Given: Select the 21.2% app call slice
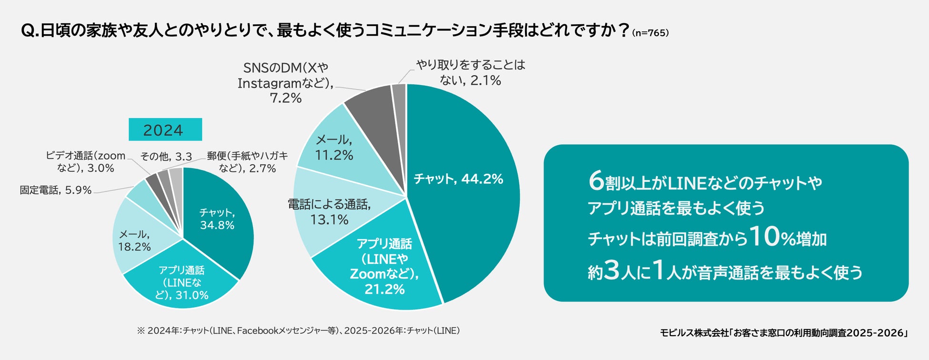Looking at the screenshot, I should (381, 267).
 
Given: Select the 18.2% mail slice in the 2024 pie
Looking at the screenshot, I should (136, 240).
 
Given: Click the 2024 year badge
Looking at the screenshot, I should (165, 130).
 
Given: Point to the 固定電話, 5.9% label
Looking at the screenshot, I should (56, 190).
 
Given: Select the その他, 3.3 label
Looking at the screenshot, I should (166, 156).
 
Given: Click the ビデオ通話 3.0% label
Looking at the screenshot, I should (86, 161).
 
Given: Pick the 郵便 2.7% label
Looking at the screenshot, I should (248, 161).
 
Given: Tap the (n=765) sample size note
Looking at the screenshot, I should (650, 33).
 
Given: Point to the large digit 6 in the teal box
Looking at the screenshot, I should (596, 181).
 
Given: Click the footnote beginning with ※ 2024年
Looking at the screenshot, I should (298, 330).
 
